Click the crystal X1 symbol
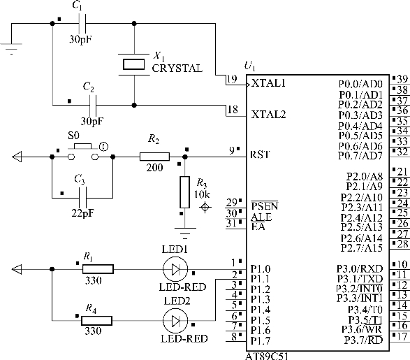click(133, 64)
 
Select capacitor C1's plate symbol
click(82, 23)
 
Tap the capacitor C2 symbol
click(93, 105)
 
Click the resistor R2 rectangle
click(154, 157)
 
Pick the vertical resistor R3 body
click(184, 192)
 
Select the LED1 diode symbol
click(175, 269)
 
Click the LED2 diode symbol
click(175, 320)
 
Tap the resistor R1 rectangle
click(98, 269)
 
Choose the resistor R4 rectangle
click(97, 320)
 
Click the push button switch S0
click(83, 153)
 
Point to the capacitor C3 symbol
click(82, 198)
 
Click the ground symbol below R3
click(185, 233)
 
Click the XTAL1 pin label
click(268, 83)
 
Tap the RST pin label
click(260, 154)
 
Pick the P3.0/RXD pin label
click(360, 268)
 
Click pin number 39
click(402, 79)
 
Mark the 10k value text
click(202, 194)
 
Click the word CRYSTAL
click(177, 69)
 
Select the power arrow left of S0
click(17, 157)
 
